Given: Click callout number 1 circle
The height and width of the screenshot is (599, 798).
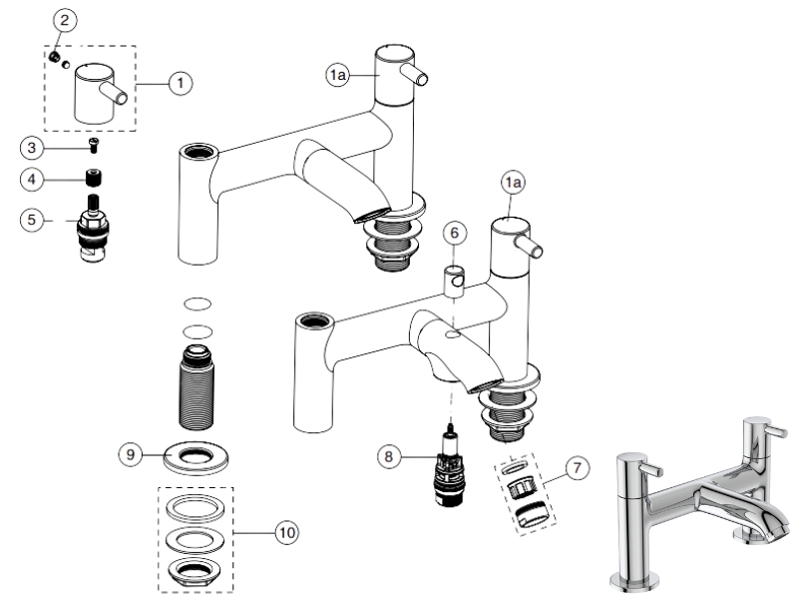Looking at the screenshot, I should tap(180, 84).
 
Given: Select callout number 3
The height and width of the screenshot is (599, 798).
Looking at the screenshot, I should tap(32, 148).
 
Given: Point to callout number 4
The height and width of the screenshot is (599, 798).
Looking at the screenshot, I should tap(32, 181).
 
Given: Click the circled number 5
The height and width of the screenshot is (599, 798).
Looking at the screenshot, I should tap(32, 219).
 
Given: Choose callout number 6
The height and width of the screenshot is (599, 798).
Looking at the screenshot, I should tap(454, 233).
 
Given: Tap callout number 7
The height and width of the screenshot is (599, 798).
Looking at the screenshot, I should tap(571, 465).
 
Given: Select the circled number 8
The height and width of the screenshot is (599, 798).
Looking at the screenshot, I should tap(389, 456).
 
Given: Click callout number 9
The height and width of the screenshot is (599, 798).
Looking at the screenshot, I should tap(130, 452).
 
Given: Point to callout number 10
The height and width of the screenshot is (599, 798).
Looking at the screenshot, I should tap(285, 532).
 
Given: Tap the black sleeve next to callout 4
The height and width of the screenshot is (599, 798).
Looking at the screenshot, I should tap(96, 181).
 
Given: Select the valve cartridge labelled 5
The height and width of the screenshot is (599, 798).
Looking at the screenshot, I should tap(97, 234).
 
